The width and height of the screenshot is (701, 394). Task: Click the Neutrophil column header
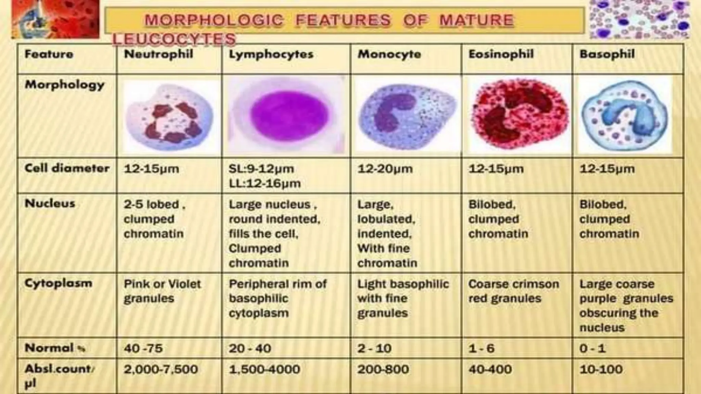click(158, 54)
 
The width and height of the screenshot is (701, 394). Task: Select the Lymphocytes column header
click(271, 54)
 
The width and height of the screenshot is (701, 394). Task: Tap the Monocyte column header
click(389, 54)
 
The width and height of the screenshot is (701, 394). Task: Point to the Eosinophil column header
click(501, 54)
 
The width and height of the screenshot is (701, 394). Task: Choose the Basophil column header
click(607, 54)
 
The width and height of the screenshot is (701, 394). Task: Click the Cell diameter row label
click(67, 168)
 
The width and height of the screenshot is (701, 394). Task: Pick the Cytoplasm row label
click(59, 283)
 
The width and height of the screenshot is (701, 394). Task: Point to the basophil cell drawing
click(625, 115)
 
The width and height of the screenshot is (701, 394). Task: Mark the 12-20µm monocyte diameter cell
click(385, 169)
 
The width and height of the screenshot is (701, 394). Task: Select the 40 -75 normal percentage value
click(143, 348)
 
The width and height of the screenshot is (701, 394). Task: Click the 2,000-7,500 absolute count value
click(161, 369)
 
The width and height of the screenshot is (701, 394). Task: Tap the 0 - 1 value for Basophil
click(592, 348)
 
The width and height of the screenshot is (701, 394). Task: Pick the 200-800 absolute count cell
click(383, 369)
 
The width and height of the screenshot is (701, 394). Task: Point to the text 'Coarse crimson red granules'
click(513, 291)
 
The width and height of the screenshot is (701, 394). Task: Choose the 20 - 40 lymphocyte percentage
click(250, 348)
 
